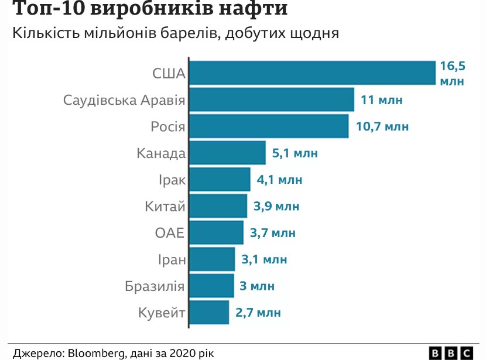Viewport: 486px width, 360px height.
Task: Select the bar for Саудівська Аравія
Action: point(272,100)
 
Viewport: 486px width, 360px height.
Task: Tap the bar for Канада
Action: point(227,153)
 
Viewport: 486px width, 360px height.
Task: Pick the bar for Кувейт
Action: point(209,312)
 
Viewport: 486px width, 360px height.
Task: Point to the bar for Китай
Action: point(218,206)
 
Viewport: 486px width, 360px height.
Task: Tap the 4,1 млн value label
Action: point(279,180)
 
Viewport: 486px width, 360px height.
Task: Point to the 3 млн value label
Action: point(258,286)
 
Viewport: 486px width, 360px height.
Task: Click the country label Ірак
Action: point(172,180)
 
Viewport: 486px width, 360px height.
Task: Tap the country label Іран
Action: point(171,259)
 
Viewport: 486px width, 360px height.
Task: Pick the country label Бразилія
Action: point(155,286)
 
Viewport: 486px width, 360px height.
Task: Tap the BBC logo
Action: point(451,353)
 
